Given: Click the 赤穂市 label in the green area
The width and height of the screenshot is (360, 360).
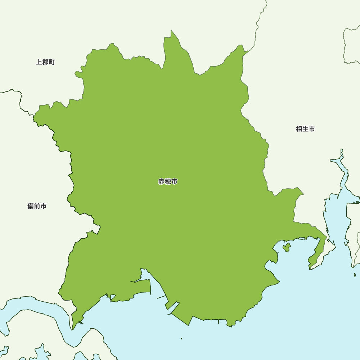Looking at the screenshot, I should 168,181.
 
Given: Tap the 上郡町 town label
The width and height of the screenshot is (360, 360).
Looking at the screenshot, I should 45,62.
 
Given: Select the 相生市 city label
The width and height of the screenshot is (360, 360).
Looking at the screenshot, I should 305,129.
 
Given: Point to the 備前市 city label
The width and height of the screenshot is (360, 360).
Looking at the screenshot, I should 37,206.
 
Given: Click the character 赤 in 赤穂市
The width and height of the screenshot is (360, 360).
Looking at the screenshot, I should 162,181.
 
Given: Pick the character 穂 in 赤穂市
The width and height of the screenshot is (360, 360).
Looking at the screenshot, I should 168,181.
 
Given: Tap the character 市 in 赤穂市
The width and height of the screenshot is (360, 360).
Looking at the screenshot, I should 174,181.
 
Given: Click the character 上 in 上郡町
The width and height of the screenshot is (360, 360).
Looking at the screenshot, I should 39,62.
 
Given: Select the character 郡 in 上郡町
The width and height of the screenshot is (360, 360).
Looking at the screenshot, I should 45,62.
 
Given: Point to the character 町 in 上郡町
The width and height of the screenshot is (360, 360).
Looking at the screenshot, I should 52,62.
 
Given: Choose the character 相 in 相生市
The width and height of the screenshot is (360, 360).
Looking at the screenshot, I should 299,129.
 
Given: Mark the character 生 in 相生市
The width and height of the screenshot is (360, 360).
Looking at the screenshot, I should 305,129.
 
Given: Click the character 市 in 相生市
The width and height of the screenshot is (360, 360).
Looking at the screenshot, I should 312,129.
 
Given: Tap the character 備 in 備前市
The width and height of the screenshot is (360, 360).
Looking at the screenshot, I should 31,206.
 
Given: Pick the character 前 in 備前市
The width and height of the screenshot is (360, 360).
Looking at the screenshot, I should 37,206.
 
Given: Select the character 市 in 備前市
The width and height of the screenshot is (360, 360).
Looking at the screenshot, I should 44,206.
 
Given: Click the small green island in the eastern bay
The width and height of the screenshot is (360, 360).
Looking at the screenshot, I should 287,247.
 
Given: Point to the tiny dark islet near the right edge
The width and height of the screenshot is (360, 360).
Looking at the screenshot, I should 355,275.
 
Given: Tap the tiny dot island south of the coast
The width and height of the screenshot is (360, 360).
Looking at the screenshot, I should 181,338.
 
